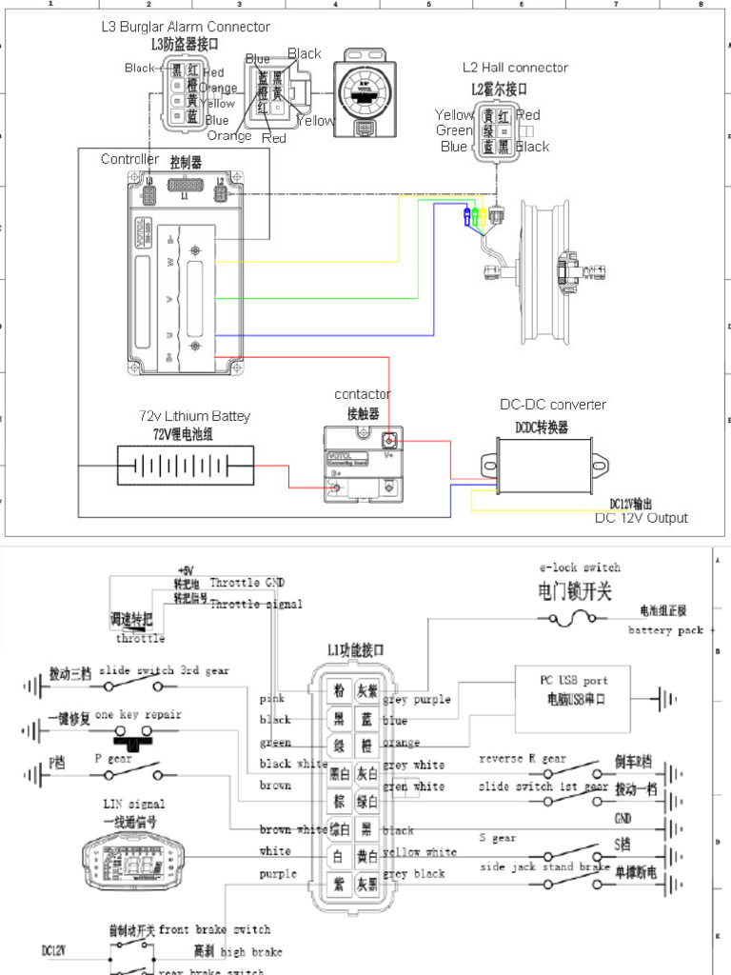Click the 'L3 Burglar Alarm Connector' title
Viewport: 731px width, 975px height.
[186, 28]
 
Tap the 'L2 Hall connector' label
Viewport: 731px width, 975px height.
[515, 68]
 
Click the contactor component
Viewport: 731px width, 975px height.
[363, 464]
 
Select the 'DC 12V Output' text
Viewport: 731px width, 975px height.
[641, 518]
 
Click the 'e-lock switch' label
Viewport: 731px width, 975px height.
[579, 567]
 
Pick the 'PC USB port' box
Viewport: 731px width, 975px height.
[572, 689]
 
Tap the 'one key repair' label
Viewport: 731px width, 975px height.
[137, 715]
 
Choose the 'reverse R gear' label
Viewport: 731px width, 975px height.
[523, 759]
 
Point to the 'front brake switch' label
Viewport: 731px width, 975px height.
[214, 929]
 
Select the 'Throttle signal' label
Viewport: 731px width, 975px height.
[256, 604]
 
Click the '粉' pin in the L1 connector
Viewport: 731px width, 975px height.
[339, 690]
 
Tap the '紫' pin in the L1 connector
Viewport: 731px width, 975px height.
[339, 885]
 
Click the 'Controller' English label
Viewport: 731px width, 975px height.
[130, 159]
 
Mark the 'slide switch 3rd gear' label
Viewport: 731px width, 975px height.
[163, 670]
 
